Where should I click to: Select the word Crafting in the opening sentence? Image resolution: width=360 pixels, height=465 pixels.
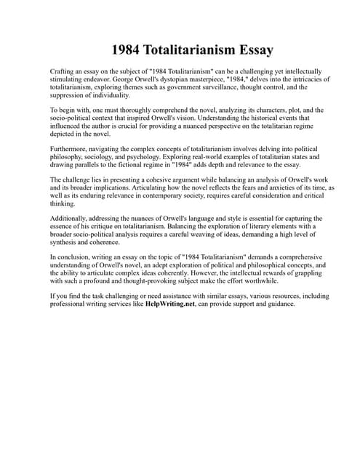(63, 72)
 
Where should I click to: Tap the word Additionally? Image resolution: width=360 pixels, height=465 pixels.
(71, 218)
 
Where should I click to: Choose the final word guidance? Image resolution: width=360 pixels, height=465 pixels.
(279, 304)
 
